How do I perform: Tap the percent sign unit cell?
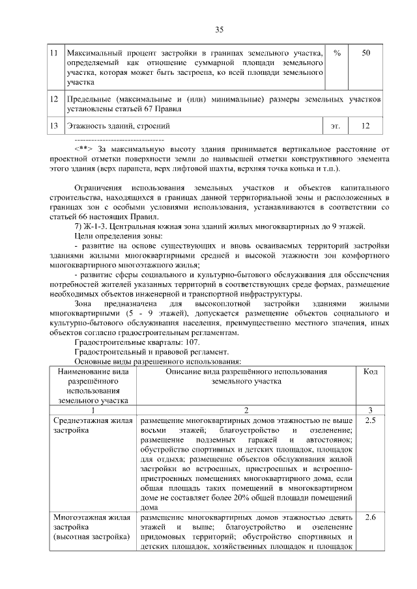pyautogui.click(x=336, y=52)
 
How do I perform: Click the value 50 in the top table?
pyautogui.click(x=366, y=52)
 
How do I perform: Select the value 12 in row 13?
pyautogui.click(x=366, y=125)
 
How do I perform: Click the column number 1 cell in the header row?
pyautogui.click(x=93, y=410)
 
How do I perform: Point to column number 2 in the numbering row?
pyautogui.click(x=246, y=410)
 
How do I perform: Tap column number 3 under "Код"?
pyautogui.click(x=369, y=410)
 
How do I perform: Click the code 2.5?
pyautogui.click(x=369, y=421)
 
